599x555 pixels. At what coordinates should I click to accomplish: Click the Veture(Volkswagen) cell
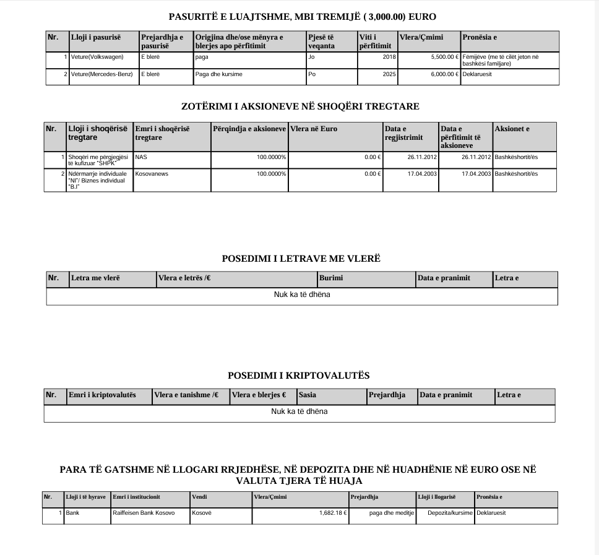(x=97, y=57)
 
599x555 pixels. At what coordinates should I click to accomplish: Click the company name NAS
(x=141, y=157)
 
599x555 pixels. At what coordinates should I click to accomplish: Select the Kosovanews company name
(x=152, y=174)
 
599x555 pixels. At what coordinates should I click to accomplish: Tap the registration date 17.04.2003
(x=423, y=174)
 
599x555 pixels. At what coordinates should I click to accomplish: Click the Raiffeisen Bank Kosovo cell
(x=144, y=513)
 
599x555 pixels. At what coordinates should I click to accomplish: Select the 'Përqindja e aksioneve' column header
(x=249, y=129)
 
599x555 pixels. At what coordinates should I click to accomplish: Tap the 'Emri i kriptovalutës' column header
(x=102, y=395)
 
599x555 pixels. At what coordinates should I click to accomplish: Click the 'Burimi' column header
(x=331, y=278)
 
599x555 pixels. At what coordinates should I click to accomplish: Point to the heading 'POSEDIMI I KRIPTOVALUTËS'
(x=299, y=376)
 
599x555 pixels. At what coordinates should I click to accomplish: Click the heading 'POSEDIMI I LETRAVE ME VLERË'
(x=301, y=259)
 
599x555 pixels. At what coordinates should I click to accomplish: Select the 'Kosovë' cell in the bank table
(x=201, y=513)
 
